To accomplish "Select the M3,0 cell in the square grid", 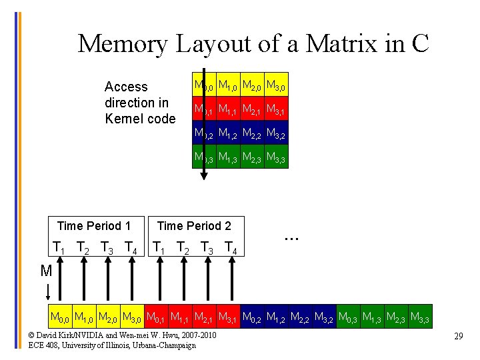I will pyautogui.click(x=277, y=85).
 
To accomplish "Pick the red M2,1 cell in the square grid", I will pyautogui.click(x=252, y=109).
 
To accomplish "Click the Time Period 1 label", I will pyautogui.click(x=94, y=226).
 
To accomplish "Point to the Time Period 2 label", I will pyautogui.click(x=193, y=226).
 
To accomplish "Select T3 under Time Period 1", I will pyautogui.click(x=107, y=247).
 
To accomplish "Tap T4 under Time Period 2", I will pyautogui.click(x=230, y=247).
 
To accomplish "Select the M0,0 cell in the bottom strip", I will pyautogui.click(x=61, y=315).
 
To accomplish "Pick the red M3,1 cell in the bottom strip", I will pyautogui.click(x=229, y=315).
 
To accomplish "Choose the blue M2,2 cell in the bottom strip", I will pyautogui.click(x=301, y=315).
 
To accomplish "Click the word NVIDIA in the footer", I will pyautogui.click(x=85, y=335).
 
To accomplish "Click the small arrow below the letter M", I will pyautogui.click(x=48, y=293).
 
